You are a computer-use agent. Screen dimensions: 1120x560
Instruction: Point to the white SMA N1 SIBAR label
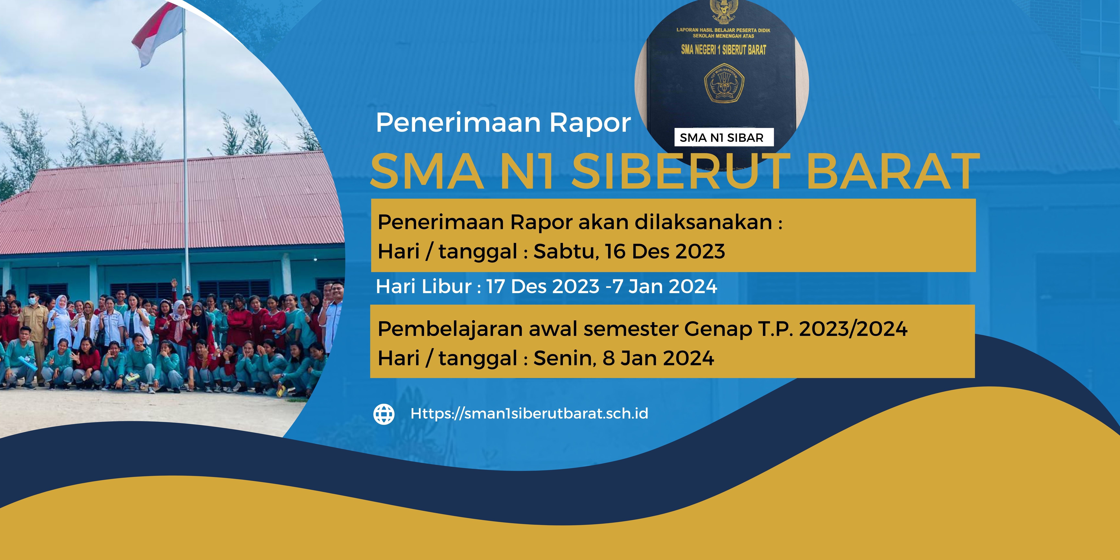coord(721,137)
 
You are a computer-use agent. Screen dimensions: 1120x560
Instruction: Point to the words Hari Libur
coord(424,286)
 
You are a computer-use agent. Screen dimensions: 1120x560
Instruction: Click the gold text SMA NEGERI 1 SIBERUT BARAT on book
coord(723,50)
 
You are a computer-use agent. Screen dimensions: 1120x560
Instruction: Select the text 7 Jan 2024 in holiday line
coord(665,286)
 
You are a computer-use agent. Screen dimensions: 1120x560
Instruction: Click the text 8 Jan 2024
coord(658,358)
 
